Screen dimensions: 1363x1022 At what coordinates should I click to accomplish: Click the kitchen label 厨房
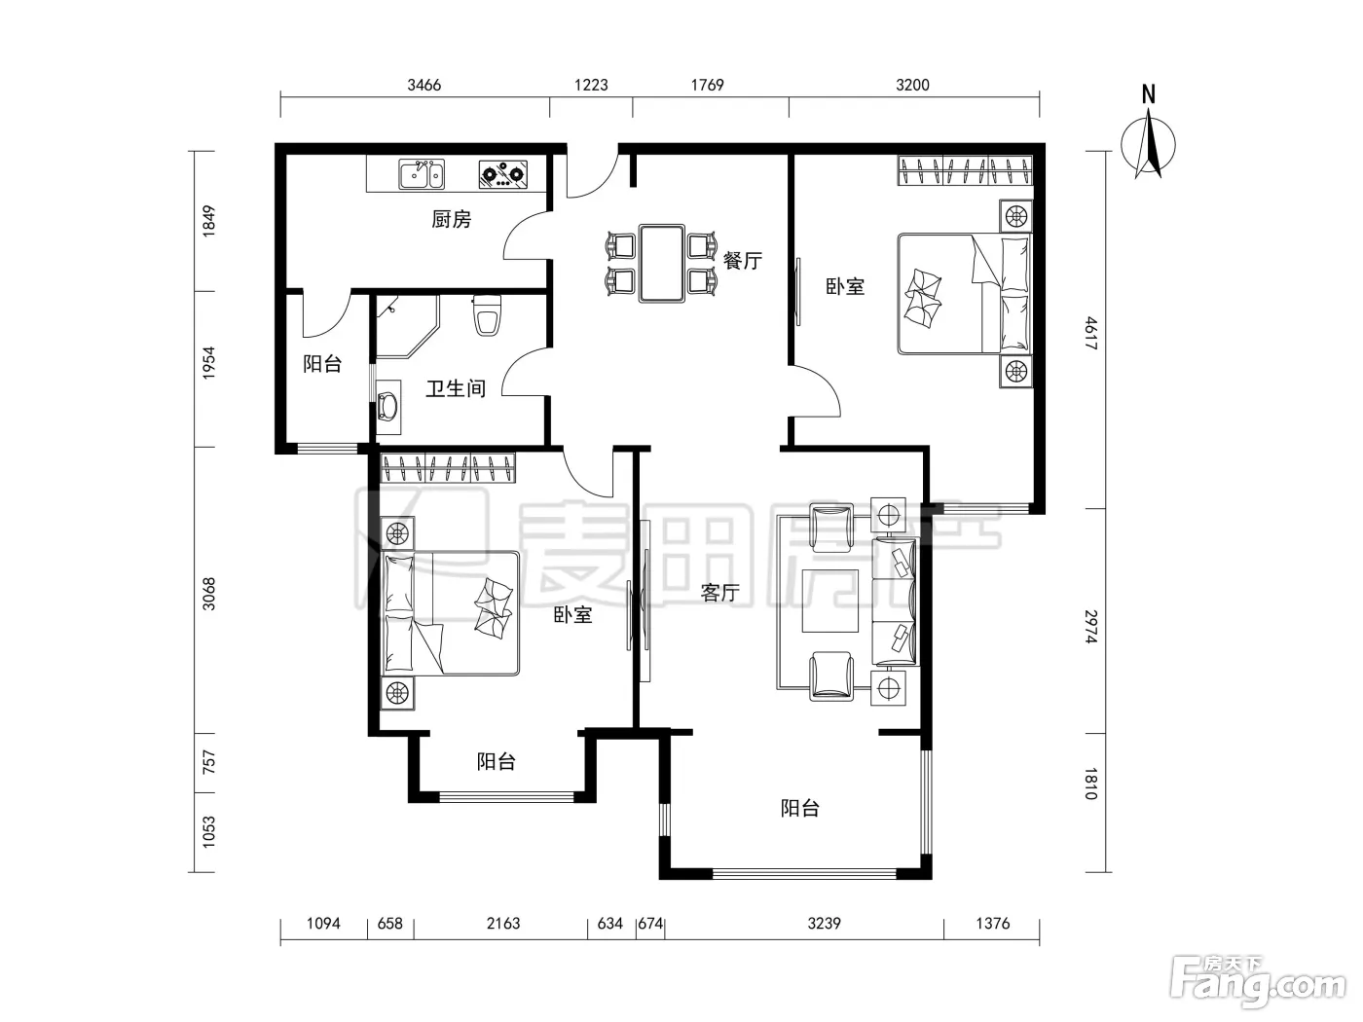tap(452, 219)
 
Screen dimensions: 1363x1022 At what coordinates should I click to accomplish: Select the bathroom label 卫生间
tap(456, 389)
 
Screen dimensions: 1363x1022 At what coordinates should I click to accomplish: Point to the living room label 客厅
tap(720, 593)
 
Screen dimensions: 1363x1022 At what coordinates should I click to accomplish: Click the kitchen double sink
tap(422, 174)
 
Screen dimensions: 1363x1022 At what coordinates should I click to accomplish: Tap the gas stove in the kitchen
tap(503, 174)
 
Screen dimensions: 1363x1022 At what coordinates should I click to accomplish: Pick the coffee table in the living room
tap(829, 601)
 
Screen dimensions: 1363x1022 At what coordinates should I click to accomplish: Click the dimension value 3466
tap(424, 85)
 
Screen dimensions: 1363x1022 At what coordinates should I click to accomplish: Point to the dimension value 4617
tap(1091, 333)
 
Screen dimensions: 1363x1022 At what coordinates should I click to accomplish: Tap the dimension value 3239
tap(824, 924)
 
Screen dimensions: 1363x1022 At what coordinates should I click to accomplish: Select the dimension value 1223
tap(591, 85)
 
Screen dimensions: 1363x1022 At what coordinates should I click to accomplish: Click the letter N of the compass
tap(1149, 95)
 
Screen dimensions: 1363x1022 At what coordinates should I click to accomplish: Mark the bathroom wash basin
tap(388, 407)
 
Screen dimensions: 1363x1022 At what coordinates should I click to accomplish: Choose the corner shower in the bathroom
tap(407, 326)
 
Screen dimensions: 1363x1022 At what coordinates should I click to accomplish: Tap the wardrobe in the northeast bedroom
tap(965, 170)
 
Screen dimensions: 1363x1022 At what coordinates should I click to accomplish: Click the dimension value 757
tap(208, 762)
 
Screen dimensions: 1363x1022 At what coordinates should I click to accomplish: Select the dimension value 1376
tap(993, 924)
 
